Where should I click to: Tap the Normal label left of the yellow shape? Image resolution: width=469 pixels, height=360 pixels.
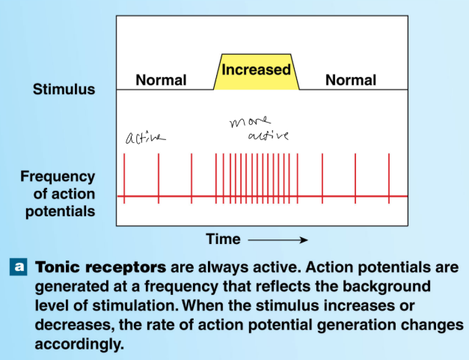tap(161, 80)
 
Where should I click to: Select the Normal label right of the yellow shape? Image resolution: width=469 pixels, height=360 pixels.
tap(350, 80)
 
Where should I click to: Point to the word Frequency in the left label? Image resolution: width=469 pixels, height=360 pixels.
tap(58, 177)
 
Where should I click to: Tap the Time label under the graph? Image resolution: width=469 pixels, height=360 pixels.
tap(224, 240)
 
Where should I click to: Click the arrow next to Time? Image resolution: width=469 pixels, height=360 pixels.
tap(278, 240)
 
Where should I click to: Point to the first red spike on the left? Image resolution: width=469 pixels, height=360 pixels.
tap(125, 178)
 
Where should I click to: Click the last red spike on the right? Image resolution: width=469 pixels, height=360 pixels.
tap(389, 178)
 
